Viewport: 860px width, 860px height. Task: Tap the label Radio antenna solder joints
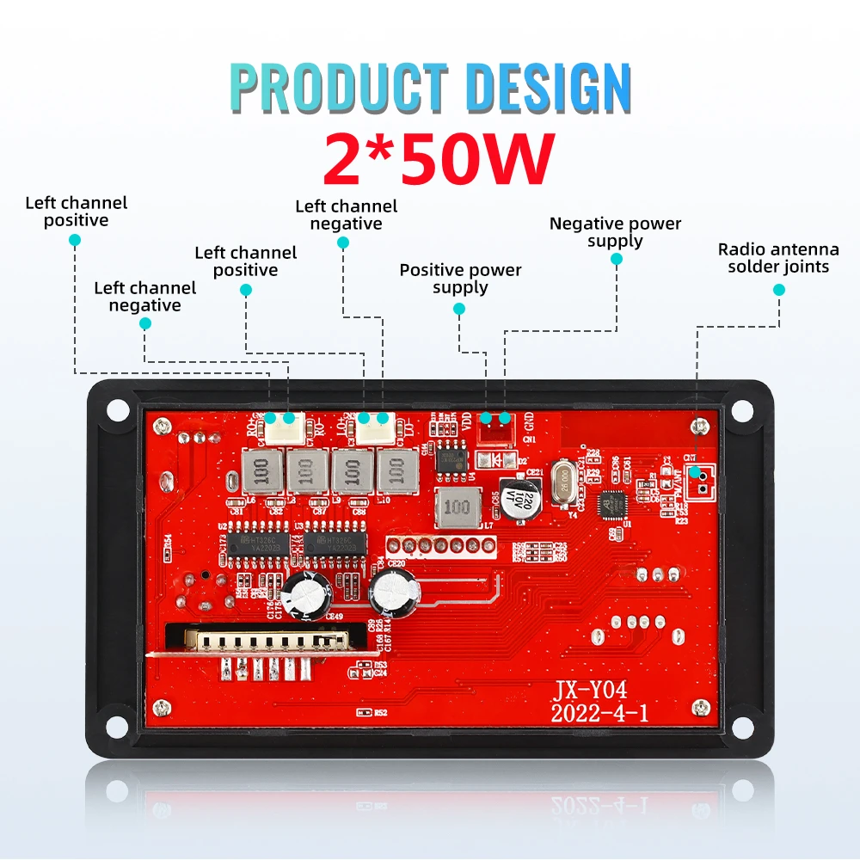(x=778, y=258)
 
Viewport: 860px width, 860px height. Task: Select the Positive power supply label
(x=460, y=279)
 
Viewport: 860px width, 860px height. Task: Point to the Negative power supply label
(x=615, y=232)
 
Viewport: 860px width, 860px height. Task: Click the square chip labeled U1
(x=614, y=500)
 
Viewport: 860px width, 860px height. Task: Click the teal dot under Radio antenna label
(x=779, y=291)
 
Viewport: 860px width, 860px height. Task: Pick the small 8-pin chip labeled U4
(x=451, y=458)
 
